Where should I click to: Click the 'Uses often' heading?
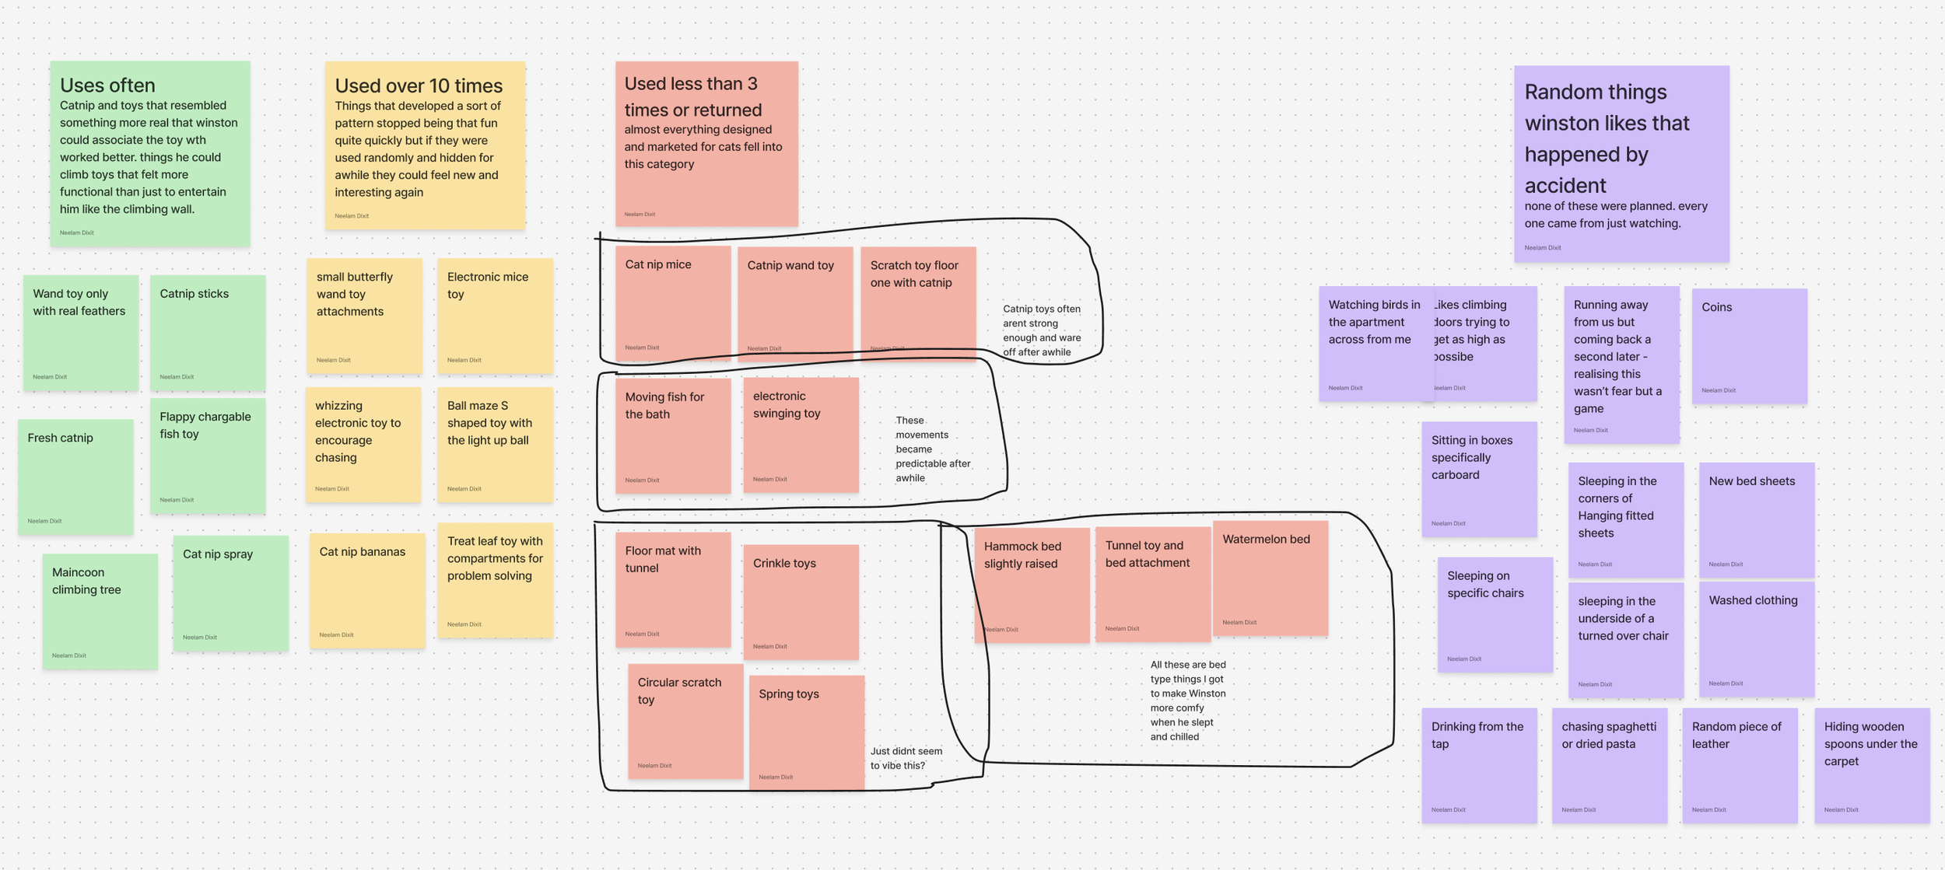click(107, 86)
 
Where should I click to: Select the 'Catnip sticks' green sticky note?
click(208, 332)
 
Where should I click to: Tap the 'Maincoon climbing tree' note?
click(100, 611)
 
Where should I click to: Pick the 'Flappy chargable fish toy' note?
click(208, 456)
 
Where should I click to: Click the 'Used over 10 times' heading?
click(419, 86)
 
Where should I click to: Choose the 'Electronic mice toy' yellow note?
click(495, 316)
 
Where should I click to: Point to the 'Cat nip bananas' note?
click(367, 590)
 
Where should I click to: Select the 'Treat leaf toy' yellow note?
click(495, 580)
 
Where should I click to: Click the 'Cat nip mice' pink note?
click(673, 304)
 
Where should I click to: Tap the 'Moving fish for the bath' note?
click(673, 435)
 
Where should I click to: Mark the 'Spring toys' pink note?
click(806, 732)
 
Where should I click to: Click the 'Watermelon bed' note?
click(1270, 578)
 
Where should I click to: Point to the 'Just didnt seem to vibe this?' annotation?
click(906, 758)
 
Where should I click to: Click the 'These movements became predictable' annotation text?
click(932, 449)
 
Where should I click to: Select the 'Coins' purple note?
click(1749, 346)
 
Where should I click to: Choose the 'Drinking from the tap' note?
click(1479, 765)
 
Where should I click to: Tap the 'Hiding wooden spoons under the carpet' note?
click(1872, 765)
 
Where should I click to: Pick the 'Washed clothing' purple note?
click(1756, 639)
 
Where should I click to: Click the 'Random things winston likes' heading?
click(1607, 138)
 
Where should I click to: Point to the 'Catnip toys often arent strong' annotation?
click(1042, 330)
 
